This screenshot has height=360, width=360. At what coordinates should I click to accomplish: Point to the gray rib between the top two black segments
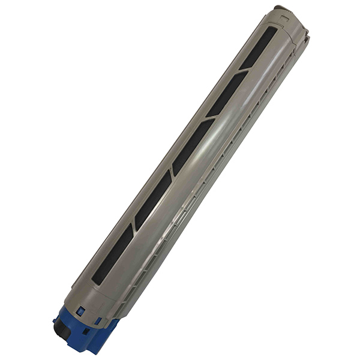(x=244, y=71)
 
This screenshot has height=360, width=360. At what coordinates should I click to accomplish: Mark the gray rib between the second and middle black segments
(x=210, y=119)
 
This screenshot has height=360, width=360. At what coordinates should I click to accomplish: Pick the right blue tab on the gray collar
(x=97, y=321)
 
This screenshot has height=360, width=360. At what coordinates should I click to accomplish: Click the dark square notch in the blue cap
(x=86, y=330)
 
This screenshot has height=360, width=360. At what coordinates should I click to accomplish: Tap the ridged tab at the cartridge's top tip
(x=282, y=8)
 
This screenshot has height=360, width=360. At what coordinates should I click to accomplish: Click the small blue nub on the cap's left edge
(x=56, y=321)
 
